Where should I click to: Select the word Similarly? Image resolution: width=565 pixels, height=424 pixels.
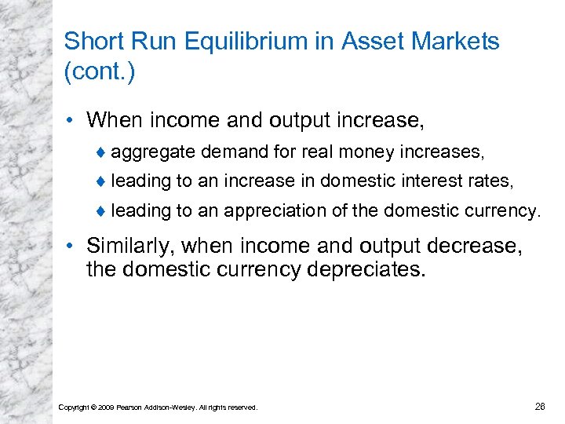(x=131, y=246)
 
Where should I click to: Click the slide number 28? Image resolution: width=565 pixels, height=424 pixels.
(x=539, y=406)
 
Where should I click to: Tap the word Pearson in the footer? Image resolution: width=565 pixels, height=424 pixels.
(x=129, y=407)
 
